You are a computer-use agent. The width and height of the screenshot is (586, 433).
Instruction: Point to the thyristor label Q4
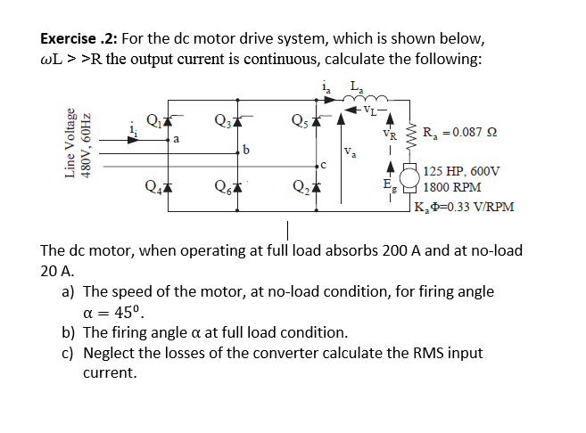(153, 185)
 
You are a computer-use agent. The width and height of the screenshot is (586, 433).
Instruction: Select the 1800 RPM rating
(452, 187)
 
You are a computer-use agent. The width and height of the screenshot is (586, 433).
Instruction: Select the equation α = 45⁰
(112, 312)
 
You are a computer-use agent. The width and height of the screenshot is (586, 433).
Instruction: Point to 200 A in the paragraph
(393, 251)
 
